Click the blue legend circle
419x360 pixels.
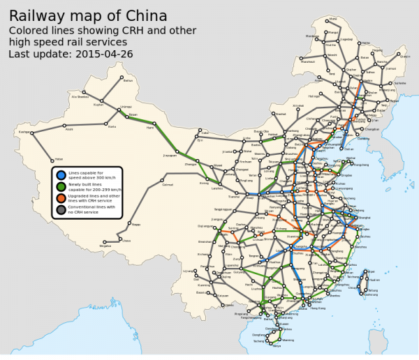click(x=61, y=175)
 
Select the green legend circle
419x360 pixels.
click(x=61, y=186)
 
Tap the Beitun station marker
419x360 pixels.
click(x=118, y=81)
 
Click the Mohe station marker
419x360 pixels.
click(x=333, y=19)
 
